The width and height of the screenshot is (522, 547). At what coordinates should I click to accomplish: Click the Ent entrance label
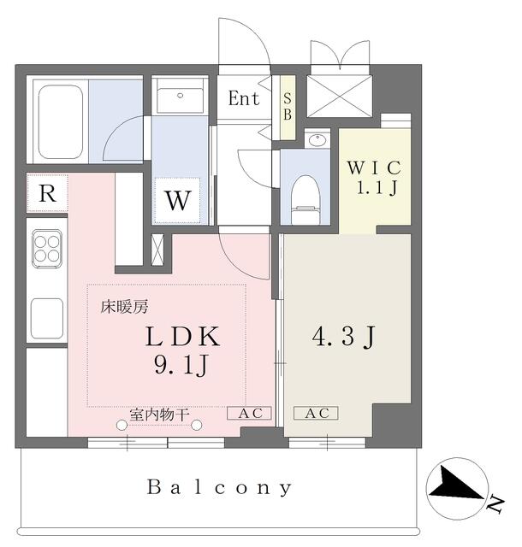coord(243,98)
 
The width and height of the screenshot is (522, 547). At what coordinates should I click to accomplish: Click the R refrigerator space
coord(48,193)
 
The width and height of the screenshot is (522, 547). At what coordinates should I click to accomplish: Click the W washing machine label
coord(177,202)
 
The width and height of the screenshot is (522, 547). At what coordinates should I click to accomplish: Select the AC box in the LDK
coord(249,413)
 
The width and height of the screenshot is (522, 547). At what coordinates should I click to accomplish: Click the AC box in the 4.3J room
coord(316,413)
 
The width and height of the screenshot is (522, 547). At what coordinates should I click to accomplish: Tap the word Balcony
coord(220,488)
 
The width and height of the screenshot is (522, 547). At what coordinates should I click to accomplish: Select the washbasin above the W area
coord(180,97)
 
